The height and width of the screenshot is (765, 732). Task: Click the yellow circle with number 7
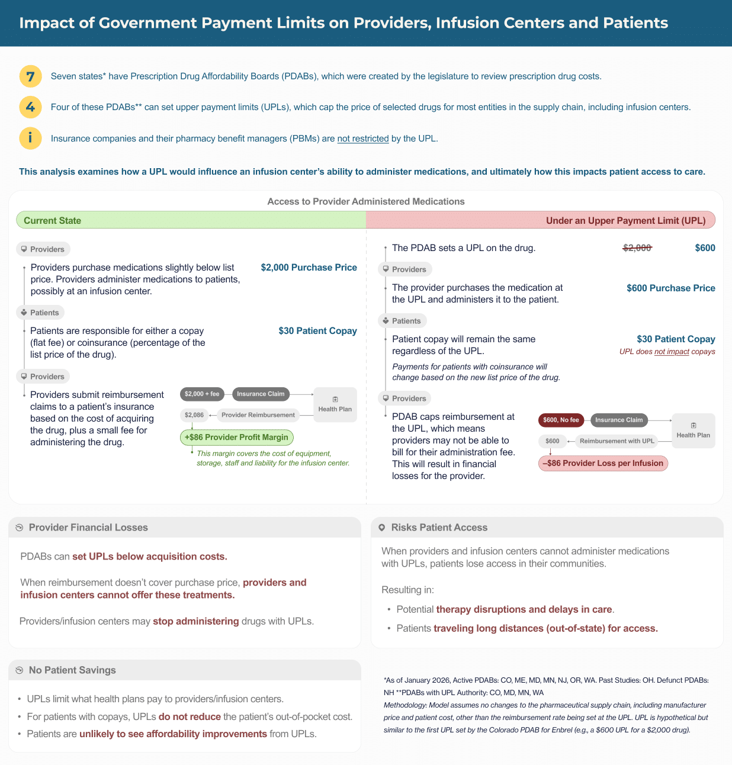tap(30, 76)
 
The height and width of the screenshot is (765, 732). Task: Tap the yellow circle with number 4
tap(30, 107)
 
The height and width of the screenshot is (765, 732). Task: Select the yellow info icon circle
tap(30, 138)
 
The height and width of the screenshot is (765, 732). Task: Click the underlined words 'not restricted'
tap(363, 139)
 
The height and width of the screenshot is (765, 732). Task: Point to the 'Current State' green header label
tap(52, 220)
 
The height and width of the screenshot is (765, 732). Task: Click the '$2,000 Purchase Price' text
tap(309, 268)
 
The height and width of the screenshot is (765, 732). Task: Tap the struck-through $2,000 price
tap(637, 248)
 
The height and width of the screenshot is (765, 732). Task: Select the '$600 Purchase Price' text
tap(670, 288)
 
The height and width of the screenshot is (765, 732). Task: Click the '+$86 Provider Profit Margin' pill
tap(236, 438)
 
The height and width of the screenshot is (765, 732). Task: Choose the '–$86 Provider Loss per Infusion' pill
tap(603, 463)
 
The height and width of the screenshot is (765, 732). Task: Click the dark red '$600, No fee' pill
tap(561, 420)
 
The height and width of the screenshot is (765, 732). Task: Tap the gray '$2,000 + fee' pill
tap(202, 394)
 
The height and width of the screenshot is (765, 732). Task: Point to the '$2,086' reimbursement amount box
tap(194, 415)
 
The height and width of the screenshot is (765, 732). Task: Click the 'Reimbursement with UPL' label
tap(617, 441)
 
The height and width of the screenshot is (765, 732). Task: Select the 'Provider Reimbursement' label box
tap(258, 415)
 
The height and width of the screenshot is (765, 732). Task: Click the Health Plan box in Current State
tap(335, 404)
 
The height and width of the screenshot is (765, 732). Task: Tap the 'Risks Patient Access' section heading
tap(439, 528)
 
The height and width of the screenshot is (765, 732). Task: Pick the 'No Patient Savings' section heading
tap(72, 670)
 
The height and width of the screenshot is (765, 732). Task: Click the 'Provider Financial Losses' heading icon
tap(19, 528)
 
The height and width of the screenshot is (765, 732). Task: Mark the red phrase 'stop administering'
tap(196, 621)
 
